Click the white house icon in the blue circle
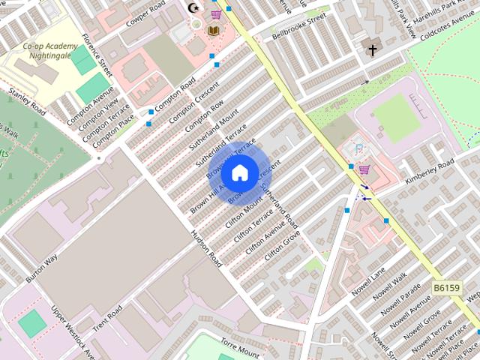coord(238,173)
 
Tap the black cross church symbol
coord(372,50)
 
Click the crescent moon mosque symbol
coord(195,9)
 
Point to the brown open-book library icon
coord(214,30)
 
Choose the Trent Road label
coord(108,322)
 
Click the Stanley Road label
coord(27,103)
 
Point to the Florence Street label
coord(97,55)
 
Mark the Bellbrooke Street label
coord(299,25)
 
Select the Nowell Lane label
coord(367,281)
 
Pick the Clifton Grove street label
coord(282,247)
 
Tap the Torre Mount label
coord(240,347)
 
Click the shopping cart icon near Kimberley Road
coord(364,169)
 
